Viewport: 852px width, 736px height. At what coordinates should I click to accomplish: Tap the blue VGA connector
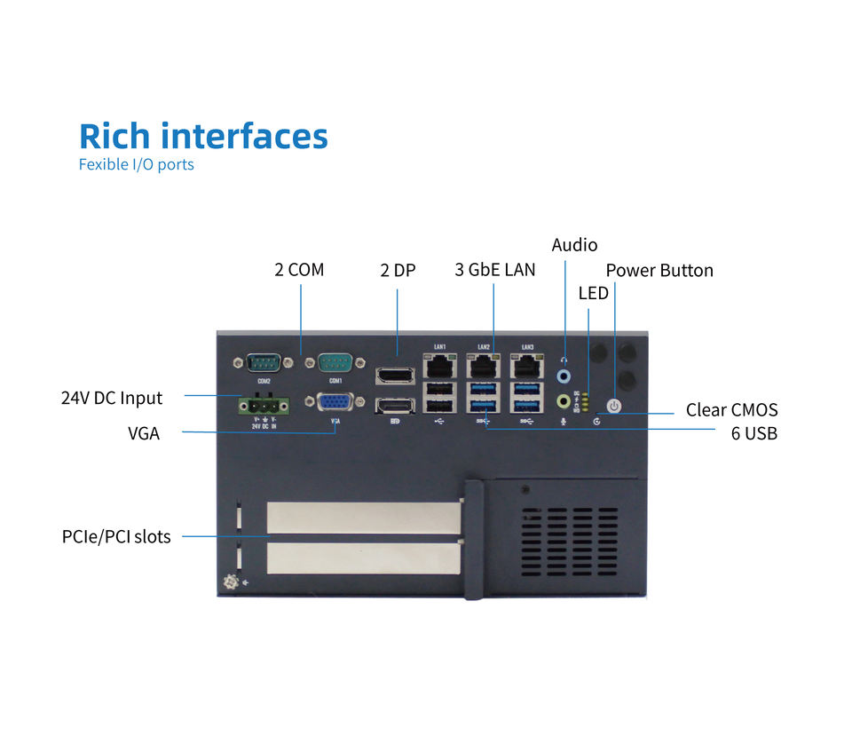pos(335,402)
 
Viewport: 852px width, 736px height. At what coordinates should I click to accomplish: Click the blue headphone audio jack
pos(564,376)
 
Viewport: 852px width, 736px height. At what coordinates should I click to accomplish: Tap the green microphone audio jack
pos(564,401)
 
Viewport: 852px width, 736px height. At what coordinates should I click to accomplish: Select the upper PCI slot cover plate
pos(363,518)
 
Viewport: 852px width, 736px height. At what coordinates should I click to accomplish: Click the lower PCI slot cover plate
pos(363,558)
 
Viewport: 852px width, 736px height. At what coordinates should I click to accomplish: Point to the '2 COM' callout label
pos(299,270)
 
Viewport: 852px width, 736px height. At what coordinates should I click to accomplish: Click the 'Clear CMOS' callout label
pos(731,410)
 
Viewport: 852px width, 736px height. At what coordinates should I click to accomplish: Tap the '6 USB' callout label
pos(753,434)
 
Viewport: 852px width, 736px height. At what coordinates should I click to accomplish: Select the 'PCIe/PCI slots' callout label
pos(116,536)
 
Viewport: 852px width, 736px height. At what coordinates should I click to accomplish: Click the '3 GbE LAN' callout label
pos(494,270)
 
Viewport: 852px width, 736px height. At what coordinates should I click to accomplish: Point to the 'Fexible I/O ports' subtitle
pos(136,164)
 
